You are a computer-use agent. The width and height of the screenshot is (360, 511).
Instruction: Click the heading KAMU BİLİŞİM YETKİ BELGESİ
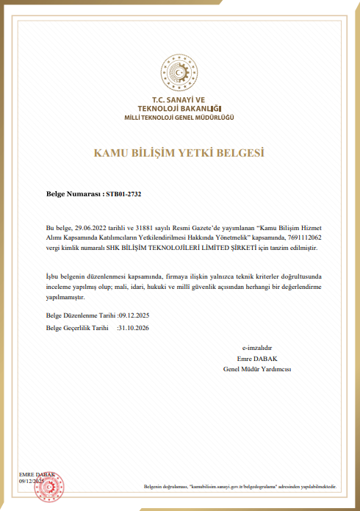click(x=179, y=153)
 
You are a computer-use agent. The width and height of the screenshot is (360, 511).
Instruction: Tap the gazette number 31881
click(x=147, y=230)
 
